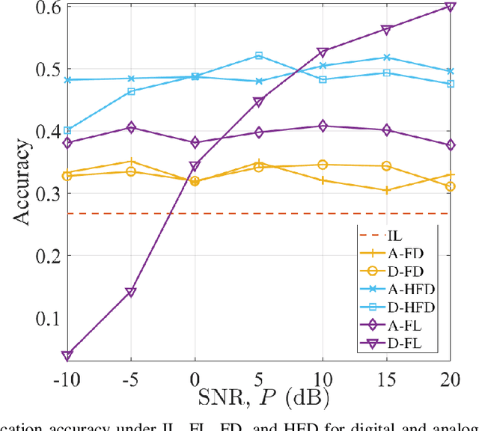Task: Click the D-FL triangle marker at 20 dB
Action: [x=450, y=7]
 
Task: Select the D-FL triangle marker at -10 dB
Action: [x=67, y=355]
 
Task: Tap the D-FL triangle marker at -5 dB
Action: [x=131, y=292]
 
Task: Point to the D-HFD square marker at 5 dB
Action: [x=259, y=55]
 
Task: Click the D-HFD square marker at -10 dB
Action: [x=67, y=130]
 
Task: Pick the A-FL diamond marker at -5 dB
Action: [x=131, y=128]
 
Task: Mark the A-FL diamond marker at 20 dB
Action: [x=450, y=144]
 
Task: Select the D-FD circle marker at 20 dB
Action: [x=450, y=186]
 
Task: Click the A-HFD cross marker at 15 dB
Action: [x=386, y=58]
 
